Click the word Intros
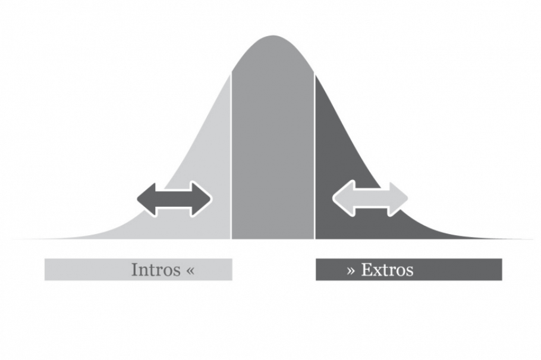coord(155,270)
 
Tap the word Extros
coord(387,270)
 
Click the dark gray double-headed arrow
coord(174,199)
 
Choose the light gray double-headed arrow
coord(370,198)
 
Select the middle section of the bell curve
coord(273,149)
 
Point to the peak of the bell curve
coord(273,37)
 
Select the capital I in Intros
coord(134,270)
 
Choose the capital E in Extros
coord(366,270)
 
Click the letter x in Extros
coord(377,271)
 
